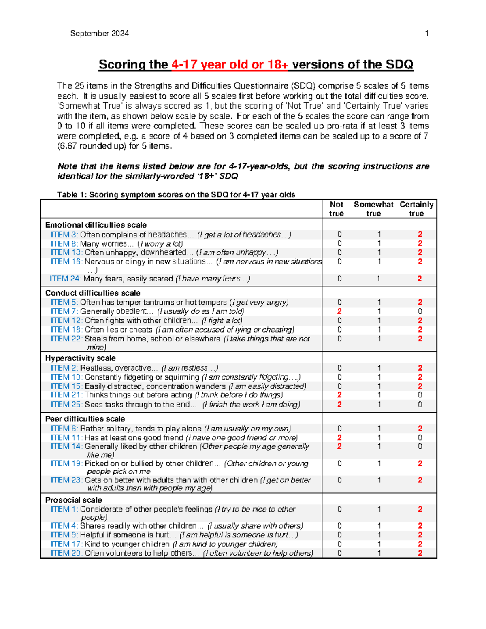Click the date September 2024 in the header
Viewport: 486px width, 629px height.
click(99, 34)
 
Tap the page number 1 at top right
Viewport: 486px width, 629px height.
click(426, 34)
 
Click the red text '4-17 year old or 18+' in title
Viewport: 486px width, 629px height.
click(230, 65)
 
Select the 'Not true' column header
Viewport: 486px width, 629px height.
click(336, 209)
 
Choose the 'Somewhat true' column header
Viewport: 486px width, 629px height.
click(373, 209)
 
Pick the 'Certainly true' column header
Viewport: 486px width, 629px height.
click(416, 209)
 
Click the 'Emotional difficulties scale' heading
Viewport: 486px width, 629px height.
click(96, 225)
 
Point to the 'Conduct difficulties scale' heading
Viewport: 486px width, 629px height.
click(93, 293)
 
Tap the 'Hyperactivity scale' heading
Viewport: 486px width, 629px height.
click(80, 358)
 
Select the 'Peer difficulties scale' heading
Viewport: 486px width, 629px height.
click(85, 419)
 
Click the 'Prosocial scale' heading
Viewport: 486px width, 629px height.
click(73, 500)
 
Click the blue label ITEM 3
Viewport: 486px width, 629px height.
click(64, 235)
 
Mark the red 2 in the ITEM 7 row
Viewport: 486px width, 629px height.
click(339, 311)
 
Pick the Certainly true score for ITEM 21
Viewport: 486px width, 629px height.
click(420, 395)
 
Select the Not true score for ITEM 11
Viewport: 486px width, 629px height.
click(339, 437)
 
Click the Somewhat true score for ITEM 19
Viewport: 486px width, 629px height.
click(379, 463)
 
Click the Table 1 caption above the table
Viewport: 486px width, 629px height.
click(176, 194)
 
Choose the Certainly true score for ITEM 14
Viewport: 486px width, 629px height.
click(420, 446)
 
